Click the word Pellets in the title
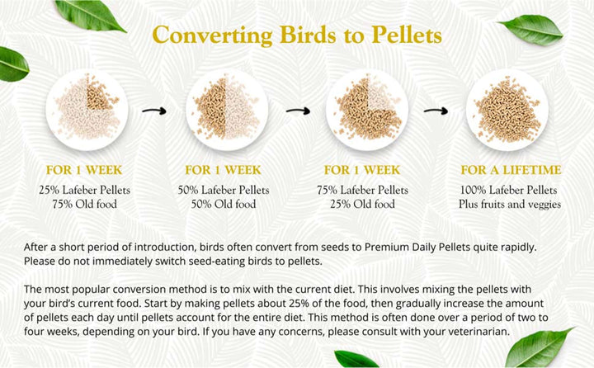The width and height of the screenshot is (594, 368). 398,37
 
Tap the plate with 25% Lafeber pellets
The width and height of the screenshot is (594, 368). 86,106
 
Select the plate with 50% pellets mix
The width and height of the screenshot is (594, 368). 224,106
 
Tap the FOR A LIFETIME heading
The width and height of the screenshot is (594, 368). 511,170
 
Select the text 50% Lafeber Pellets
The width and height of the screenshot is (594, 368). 224,190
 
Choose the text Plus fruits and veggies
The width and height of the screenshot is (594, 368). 511,204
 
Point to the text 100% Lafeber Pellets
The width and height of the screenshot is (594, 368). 511,190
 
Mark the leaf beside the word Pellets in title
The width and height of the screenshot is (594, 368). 531,30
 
